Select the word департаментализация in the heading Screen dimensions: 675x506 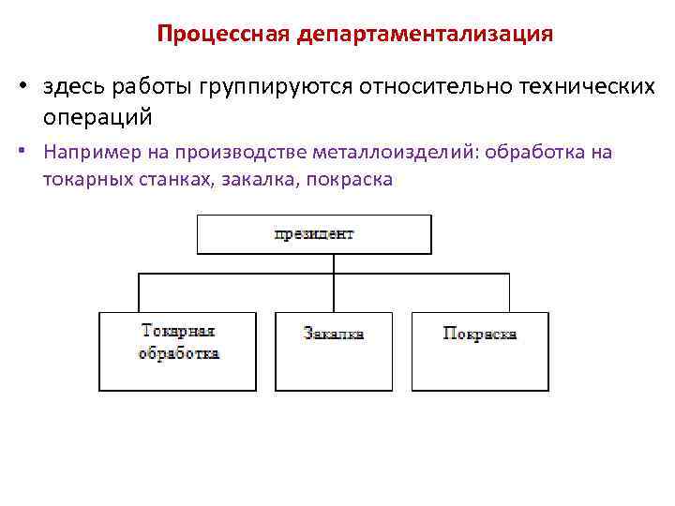click(x=426, y=35)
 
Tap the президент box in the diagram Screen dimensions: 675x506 click(x=314, y=234)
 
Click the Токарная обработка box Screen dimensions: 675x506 click(x=177, y=350)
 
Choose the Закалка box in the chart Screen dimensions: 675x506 click(x=334, y=350)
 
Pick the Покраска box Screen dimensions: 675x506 click(x=480, y=350)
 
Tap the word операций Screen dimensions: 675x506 click(x=97, y=118)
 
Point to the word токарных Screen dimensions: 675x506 click(x=82, y=179)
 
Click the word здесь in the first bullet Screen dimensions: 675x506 click(x=74, y=87)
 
